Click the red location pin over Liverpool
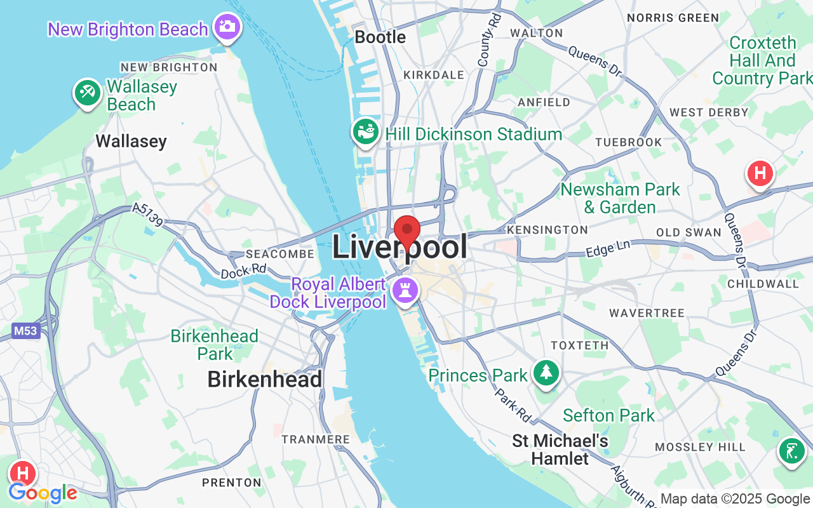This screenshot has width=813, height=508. point(407,230)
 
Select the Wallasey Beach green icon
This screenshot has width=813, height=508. point(88,93)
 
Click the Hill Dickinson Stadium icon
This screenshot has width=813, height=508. point(365,131)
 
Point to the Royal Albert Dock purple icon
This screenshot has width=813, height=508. point(405,291)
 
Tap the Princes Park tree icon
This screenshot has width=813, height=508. point(546,373)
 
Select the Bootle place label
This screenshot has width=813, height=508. point(380,37)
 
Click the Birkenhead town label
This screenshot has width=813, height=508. point(265,380)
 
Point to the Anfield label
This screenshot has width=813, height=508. point(544,102)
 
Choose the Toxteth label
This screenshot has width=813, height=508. point(579,345)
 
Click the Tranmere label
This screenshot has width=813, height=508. point(316,439)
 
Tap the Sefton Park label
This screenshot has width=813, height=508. point(608,416)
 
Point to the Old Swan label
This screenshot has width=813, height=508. point(689,232)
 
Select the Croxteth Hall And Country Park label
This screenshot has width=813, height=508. point(762,60)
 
